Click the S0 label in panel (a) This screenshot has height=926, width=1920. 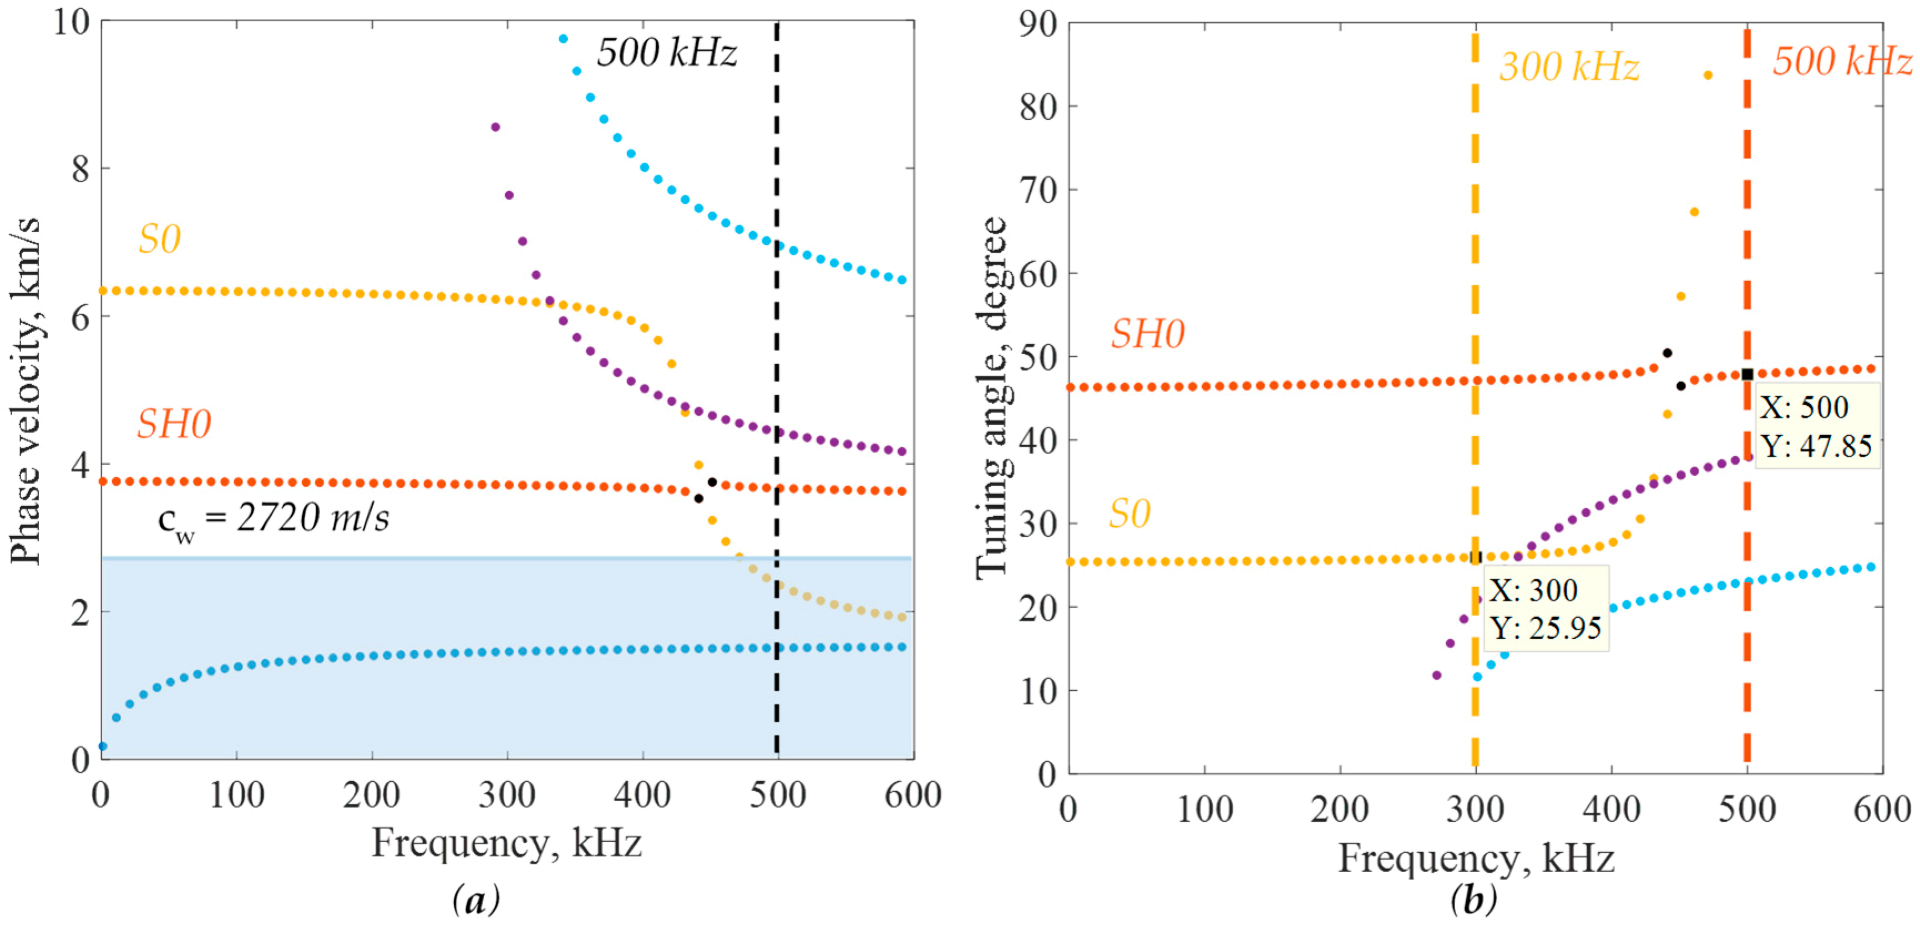[160, 240]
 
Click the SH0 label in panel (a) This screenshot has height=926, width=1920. [174, 425]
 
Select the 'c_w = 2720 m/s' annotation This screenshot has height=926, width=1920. [273, 519]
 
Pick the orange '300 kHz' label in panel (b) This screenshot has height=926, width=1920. [1569, 67]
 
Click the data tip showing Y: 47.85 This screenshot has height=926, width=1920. [1816, 426]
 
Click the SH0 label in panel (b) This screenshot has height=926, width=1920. [1148, 334]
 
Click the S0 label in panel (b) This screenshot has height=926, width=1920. [1129, 515]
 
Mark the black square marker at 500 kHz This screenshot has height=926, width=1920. [1747, 375]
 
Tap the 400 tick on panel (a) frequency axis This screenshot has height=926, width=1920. [642, 796]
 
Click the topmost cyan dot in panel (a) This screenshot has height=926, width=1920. [564, 39]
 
